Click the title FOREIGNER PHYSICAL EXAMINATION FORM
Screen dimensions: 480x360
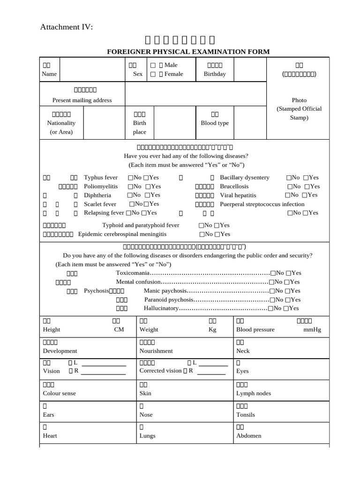click(188, 52)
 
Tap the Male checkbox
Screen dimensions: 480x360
click(153, 65)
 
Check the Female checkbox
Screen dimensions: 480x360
click(153, 74)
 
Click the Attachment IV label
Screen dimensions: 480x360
click(67, 27)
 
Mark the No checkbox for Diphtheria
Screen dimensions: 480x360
click(130, 195)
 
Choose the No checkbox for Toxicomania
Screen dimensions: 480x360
click(273, 273)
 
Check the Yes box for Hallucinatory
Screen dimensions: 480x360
click(286, 308)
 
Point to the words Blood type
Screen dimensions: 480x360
click(215, 123)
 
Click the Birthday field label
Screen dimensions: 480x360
click(215, 74)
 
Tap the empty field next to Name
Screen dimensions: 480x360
click(91, 70)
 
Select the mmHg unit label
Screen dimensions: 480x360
click(312, 330)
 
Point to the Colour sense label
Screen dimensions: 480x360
click(60, 393)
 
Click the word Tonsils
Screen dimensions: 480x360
click(246, 415)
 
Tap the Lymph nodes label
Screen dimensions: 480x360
click(254, 393)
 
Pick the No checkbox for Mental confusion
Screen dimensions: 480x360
click(271, 282)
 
